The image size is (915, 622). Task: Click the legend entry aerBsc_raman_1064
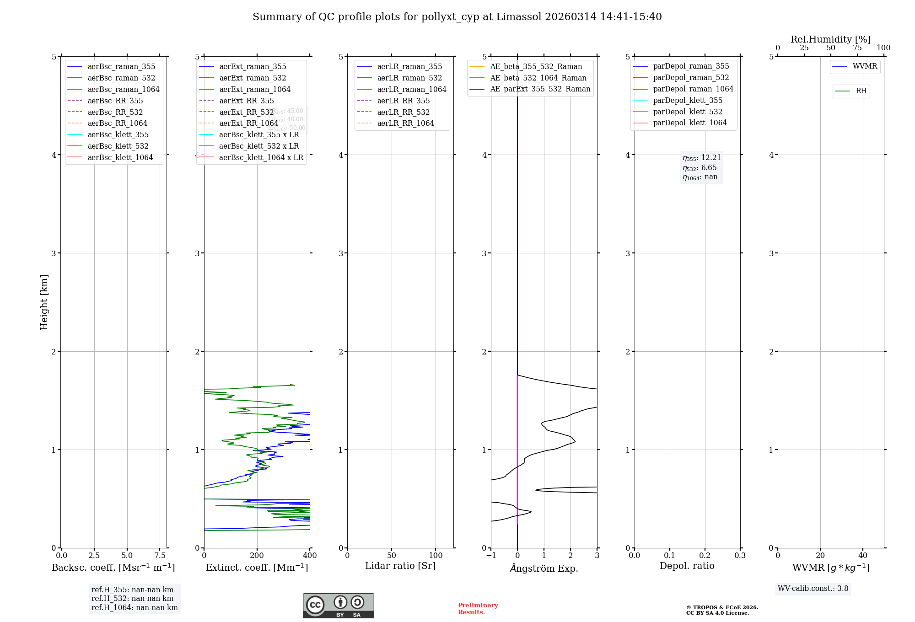point(124,89)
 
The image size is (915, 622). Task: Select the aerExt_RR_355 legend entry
point(246,101)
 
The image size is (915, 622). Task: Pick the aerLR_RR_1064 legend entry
point(405,123)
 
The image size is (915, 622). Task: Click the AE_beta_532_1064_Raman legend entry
point(538,78)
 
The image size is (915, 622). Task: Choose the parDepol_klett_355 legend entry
point(688,100)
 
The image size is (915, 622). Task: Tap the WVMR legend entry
point(865,66)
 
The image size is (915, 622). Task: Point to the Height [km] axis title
point(44,302)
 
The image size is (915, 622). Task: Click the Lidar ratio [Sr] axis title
point(400,566)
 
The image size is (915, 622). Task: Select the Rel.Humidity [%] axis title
point(830,39)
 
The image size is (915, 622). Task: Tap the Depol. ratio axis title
point(687,566)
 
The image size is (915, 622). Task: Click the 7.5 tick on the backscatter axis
point(160,555)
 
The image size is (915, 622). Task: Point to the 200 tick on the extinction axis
point(257,555)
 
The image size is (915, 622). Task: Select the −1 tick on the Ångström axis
point(491,555)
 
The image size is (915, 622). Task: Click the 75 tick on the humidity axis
point(857,48)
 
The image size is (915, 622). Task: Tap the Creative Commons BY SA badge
point(338,606)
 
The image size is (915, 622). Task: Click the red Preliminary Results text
point(478,608)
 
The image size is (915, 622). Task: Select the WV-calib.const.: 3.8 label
point(813,589)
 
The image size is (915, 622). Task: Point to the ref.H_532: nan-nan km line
point(132,598)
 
